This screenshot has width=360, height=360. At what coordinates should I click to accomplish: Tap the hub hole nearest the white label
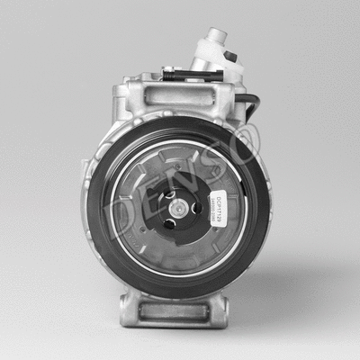pyautogui.click(x=197, y=208)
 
